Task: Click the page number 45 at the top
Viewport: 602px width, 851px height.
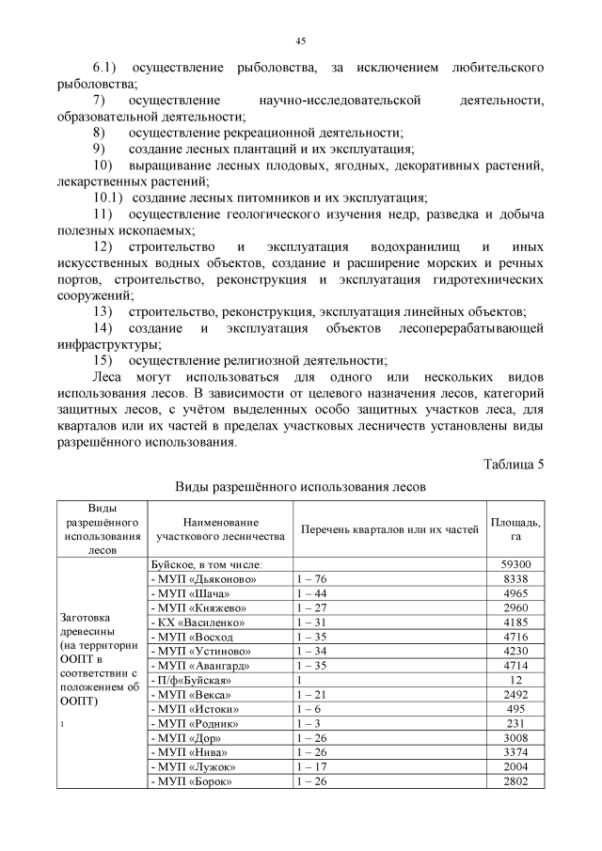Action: tap(301, 40)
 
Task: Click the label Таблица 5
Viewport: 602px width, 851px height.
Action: tap(514, 464)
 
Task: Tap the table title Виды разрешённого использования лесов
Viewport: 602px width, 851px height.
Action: tap(301, 488)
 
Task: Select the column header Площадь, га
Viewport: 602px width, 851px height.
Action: tap(515, 528)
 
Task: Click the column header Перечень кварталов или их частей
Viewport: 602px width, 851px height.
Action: tap(389, 529)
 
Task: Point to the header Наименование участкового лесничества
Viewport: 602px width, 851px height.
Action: tap(220, 528)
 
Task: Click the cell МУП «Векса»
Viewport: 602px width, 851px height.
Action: tap(193, 694)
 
